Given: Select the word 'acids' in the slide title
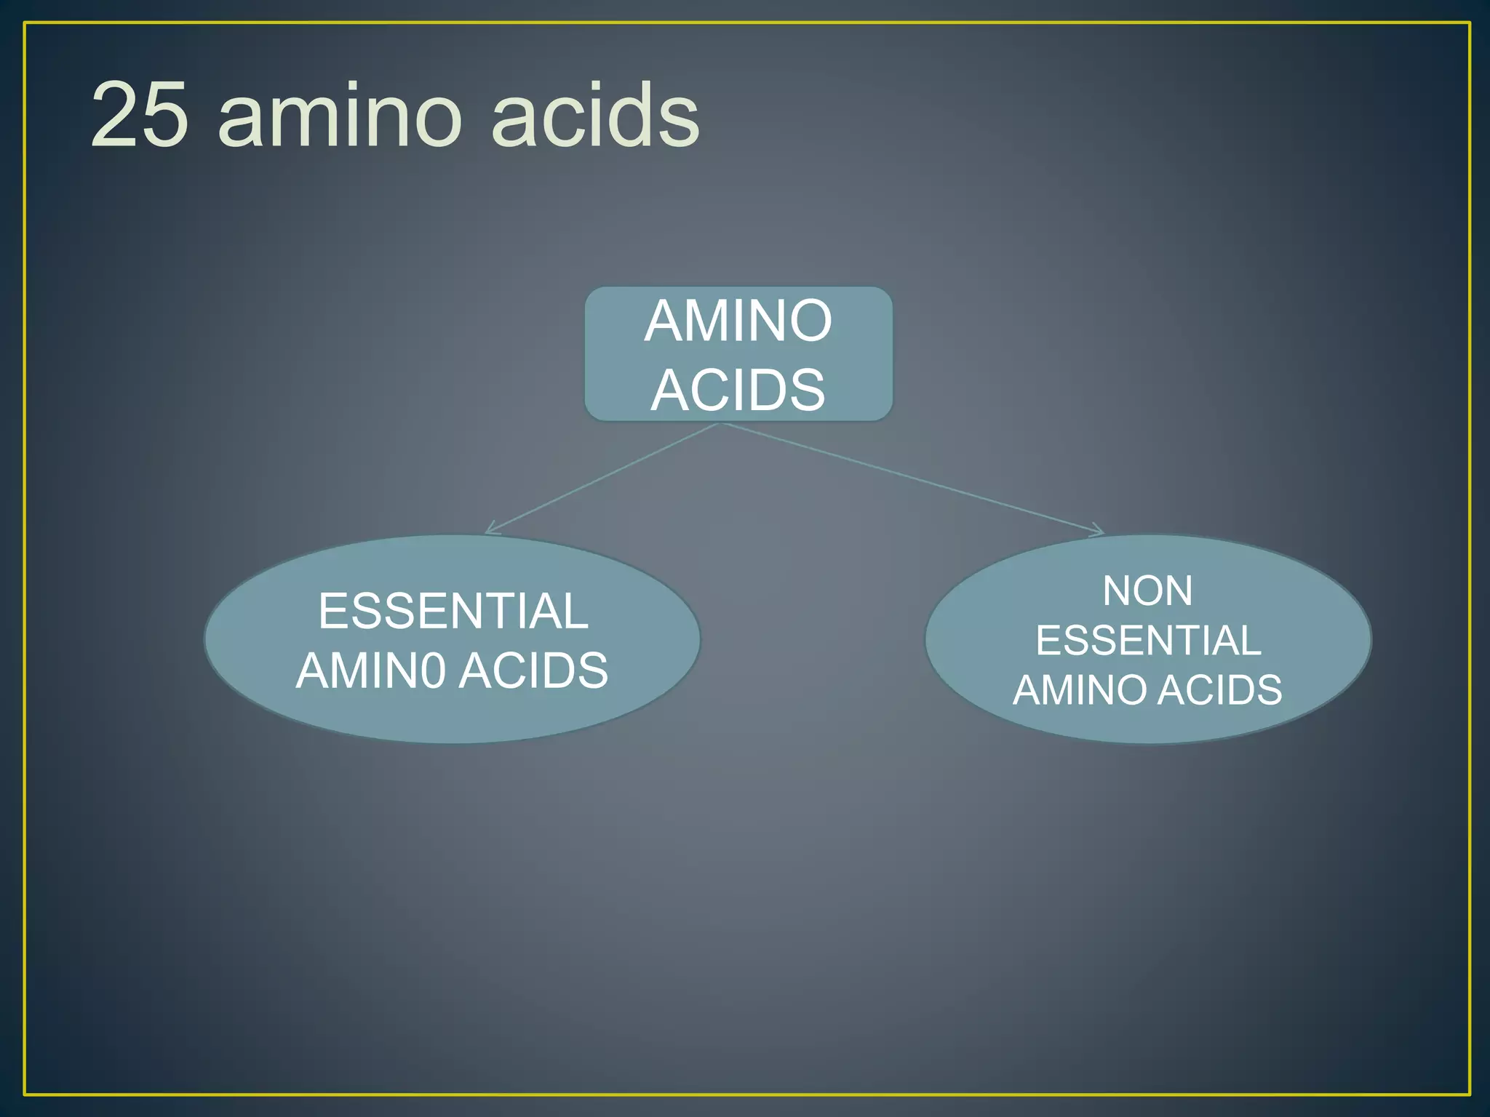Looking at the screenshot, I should click(595, 114).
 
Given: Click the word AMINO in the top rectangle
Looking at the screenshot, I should click(738, 321).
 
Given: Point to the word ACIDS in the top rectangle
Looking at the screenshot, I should click(738, 391).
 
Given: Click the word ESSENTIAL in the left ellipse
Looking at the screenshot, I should click(453, 611).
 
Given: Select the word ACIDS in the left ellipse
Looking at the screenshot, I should click(533, 670).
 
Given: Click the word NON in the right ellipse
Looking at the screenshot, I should click(1147, 590).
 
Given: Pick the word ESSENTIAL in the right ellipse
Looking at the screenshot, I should click(1148, 641).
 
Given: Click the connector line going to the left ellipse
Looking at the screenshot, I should click(604, 477).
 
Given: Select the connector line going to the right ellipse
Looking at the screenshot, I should click(909, 477).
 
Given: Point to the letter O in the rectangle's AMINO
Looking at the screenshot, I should click(810, 321).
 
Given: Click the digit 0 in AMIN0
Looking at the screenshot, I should click(432, 670).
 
